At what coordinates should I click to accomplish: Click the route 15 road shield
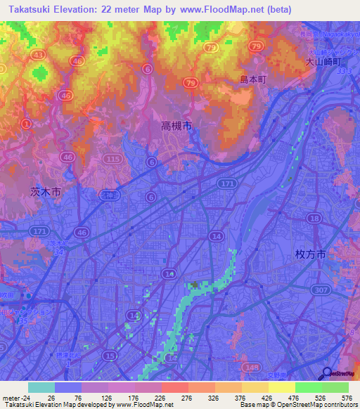click(x=110, y=356)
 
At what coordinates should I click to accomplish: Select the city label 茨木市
click(x=46, y=191)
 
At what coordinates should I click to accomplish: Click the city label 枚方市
click(x=310, y=257)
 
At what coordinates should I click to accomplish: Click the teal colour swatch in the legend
click(x=41, y=387)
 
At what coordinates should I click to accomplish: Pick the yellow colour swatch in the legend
click(x=282, y=387)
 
